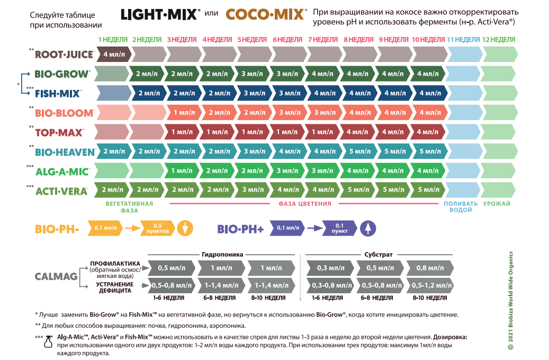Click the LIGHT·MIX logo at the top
[x=160, y=14]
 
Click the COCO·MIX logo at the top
[x=265, y=14]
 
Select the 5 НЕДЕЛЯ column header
[x=252, y=40]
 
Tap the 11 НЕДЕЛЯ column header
[x=463, y=40]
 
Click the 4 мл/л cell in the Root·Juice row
[x=114, y=55]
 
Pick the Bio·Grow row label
[x=62, y=74]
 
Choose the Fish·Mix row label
[x=58, y=94]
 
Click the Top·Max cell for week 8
[x=357, y=132]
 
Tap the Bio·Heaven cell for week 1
[x=114, y=151]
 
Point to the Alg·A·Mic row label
[x=62, y=172]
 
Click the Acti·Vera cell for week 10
[x=428, y=190]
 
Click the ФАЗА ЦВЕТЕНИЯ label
[x=304, y=204]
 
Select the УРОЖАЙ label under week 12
[x=497, y=204]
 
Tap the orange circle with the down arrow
[x=185, y=228]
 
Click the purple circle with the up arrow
[x=367, y=228]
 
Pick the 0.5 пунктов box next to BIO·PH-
[x=157, y=228]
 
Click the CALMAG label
[x=56, y=277]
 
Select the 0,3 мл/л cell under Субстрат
[x=330, y=268]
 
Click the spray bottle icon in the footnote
[x=48, y=341]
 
